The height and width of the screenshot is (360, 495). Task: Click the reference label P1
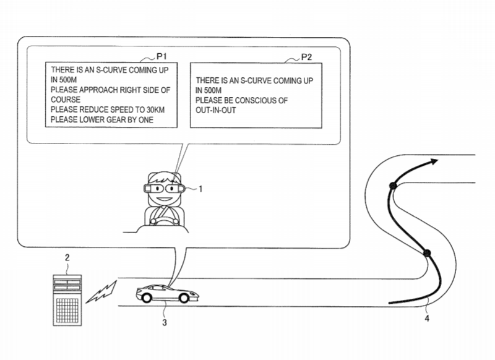point(161,56)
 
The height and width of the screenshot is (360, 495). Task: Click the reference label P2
point(306,57)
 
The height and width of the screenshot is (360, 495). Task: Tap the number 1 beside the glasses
point(200,189)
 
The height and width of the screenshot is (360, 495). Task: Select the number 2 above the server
point(67,257)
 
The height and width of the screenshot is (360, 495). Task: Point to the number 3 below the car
point(164,322)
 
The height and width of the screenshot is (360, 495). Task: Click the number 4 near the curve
point(427,319)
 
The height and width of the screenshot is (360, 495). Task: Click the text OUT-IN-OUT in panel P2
point(215,110)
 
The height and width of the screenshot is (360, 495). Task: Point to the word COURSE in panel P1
point(66,100)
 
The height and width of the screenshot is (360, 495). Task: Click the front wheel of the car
point(184,298)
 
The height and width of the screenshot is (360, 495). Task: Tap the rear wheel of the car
point(147,298)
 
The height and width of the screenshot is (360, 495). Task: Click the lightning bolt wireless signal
point(101,293)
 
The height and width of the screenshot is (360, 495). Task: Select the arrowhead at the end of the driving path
point(433,162)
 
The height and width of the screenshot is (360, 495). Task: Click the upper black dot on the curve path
point(393,186)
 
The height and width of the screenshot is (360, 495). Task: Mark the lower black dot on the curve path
point(427,253)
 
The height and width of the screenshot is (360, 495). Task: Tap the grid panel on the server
point(67,310)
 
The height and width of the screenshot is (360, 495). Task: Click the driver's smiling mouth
point(163,199)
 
